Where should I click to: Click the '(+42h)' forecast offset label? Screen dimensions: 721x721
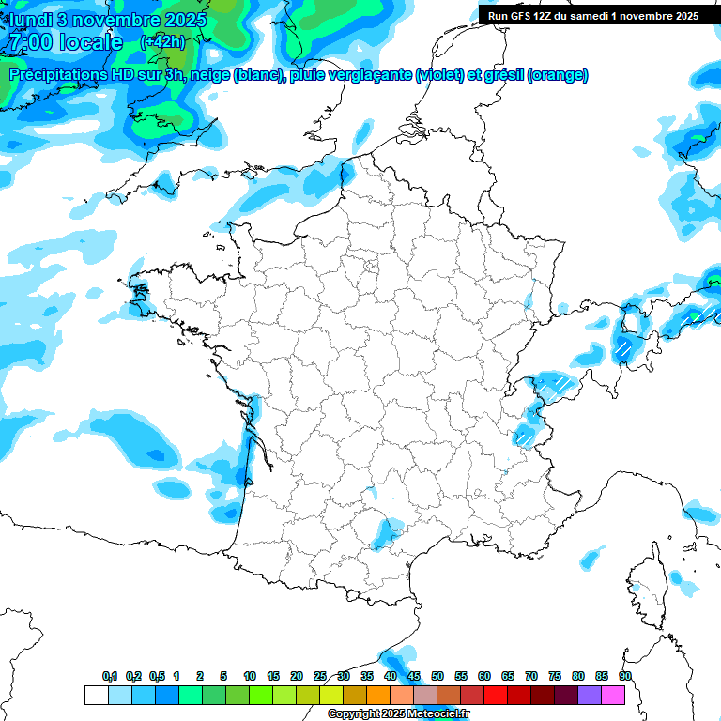coord(161,41)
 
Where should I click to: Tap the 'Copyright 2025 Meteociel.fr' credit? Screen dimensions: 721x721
coord(398,714)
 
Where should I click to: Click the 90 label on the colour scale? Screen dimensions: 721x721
coord(625,677)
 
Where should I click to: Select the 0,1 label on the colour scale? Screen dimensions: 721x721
coord(110,677)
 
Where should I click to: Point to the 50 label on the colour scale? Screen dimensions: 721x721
coord(437,677)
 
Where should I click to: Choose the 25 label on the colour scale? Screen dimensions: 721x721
coord(320,677)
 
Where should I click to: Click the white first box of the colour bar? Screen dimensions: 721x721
coord(96,696)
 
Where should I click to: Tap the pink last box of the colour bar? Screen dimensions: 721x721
coord(614,696)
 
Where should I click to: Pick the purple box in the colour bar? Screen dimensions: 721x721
coord(590,696)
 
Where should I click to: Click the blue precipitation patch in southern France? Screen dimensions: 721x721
coord(384,532)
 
